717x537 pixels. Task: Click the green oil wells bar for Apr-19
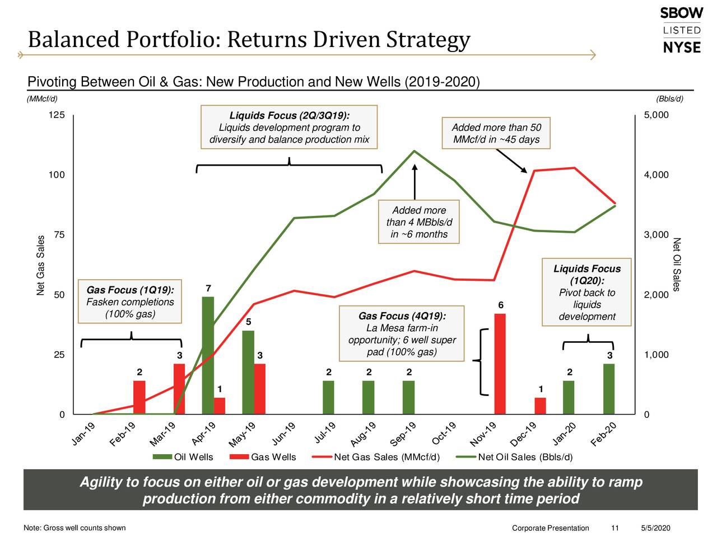pyautogui.click(x=208, y=355)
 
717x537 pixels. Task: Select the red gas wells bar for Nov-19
pyautogui.click(x=500, y=364)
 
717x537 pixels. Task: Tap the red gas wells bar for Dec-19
pyautogui.click(x=540, y=406)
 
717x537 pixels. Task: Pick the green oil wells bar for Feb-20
pyautogui.click(x=609, y=389)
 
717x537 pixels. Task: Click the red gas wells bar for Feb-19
pyautogui.click(x=139, y=397)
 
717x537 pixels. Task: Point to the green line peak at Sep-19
pyautogui.click(x=414, y=151)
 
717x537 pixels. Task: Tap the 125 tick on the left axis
pyautogui.click(x=57, y=115)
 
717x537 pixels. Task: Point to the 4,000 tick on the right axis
pyautogui.click(x=656, y=175)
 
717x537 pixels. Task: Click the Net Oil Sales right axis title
pyautogui.click(x=677, y=264)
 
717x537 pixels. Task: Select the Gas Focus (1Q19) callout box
pyautogui.click(x=130, y=302)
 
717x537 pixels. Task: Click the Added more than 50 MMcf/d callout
pyautogui.click(x=496, y=133)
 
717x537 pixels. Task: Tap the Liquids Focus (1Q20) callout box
pyautogui.click(x=586, y=292)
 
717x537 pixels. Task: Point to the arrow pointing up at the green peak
pyautogui.click(x=415, y=182)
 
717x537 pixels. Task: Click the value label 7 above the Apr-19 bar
pyautogui.click(x=208, y=289)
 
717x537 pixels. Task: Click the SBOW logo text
pyautogui.click(x=681, y=13)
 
